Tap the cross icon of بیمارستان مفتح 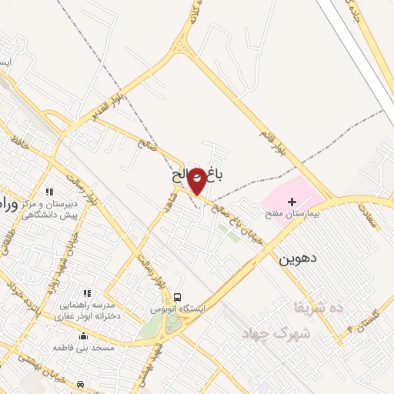[x=292, y=202]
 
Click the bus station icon [x=178, y=297]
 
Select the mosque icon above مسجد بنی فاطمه [x=84, y=336]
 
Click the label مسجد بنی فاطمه [x=84, y=349]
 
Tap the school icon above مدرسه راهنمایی [x=86, y=293]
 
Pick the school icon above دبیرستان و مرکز [x=50, y=192]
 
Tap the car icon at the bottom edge [x=81, y=382]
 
